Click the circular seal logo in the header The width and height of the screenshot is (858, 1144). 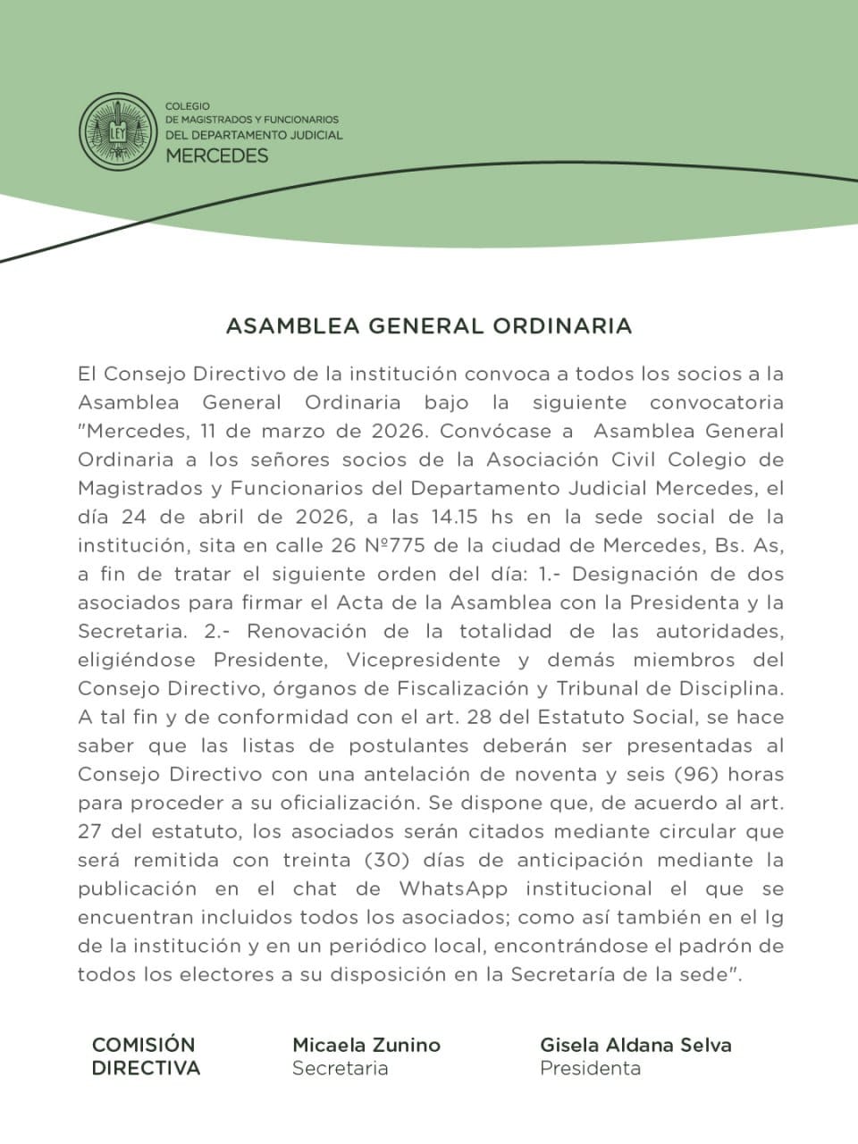116,131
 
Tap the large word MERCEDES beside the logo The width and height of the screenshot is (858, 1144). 217,156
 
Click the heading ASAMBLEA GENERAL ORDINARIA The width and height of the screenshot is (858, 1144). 429,326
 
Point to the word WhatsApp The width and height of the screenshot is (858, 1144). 453,888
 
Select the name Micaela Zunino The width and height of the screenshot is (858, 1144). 366,1045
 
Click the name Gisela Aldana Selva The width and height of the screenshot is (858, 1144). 635,1045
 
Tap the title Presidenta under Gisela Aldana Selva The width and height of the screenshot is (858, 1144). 590,1068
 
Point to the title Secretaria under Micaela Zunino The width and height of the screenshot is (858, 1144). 340,1068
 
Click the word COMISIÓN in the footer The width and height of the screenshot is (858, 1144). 143,1045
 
